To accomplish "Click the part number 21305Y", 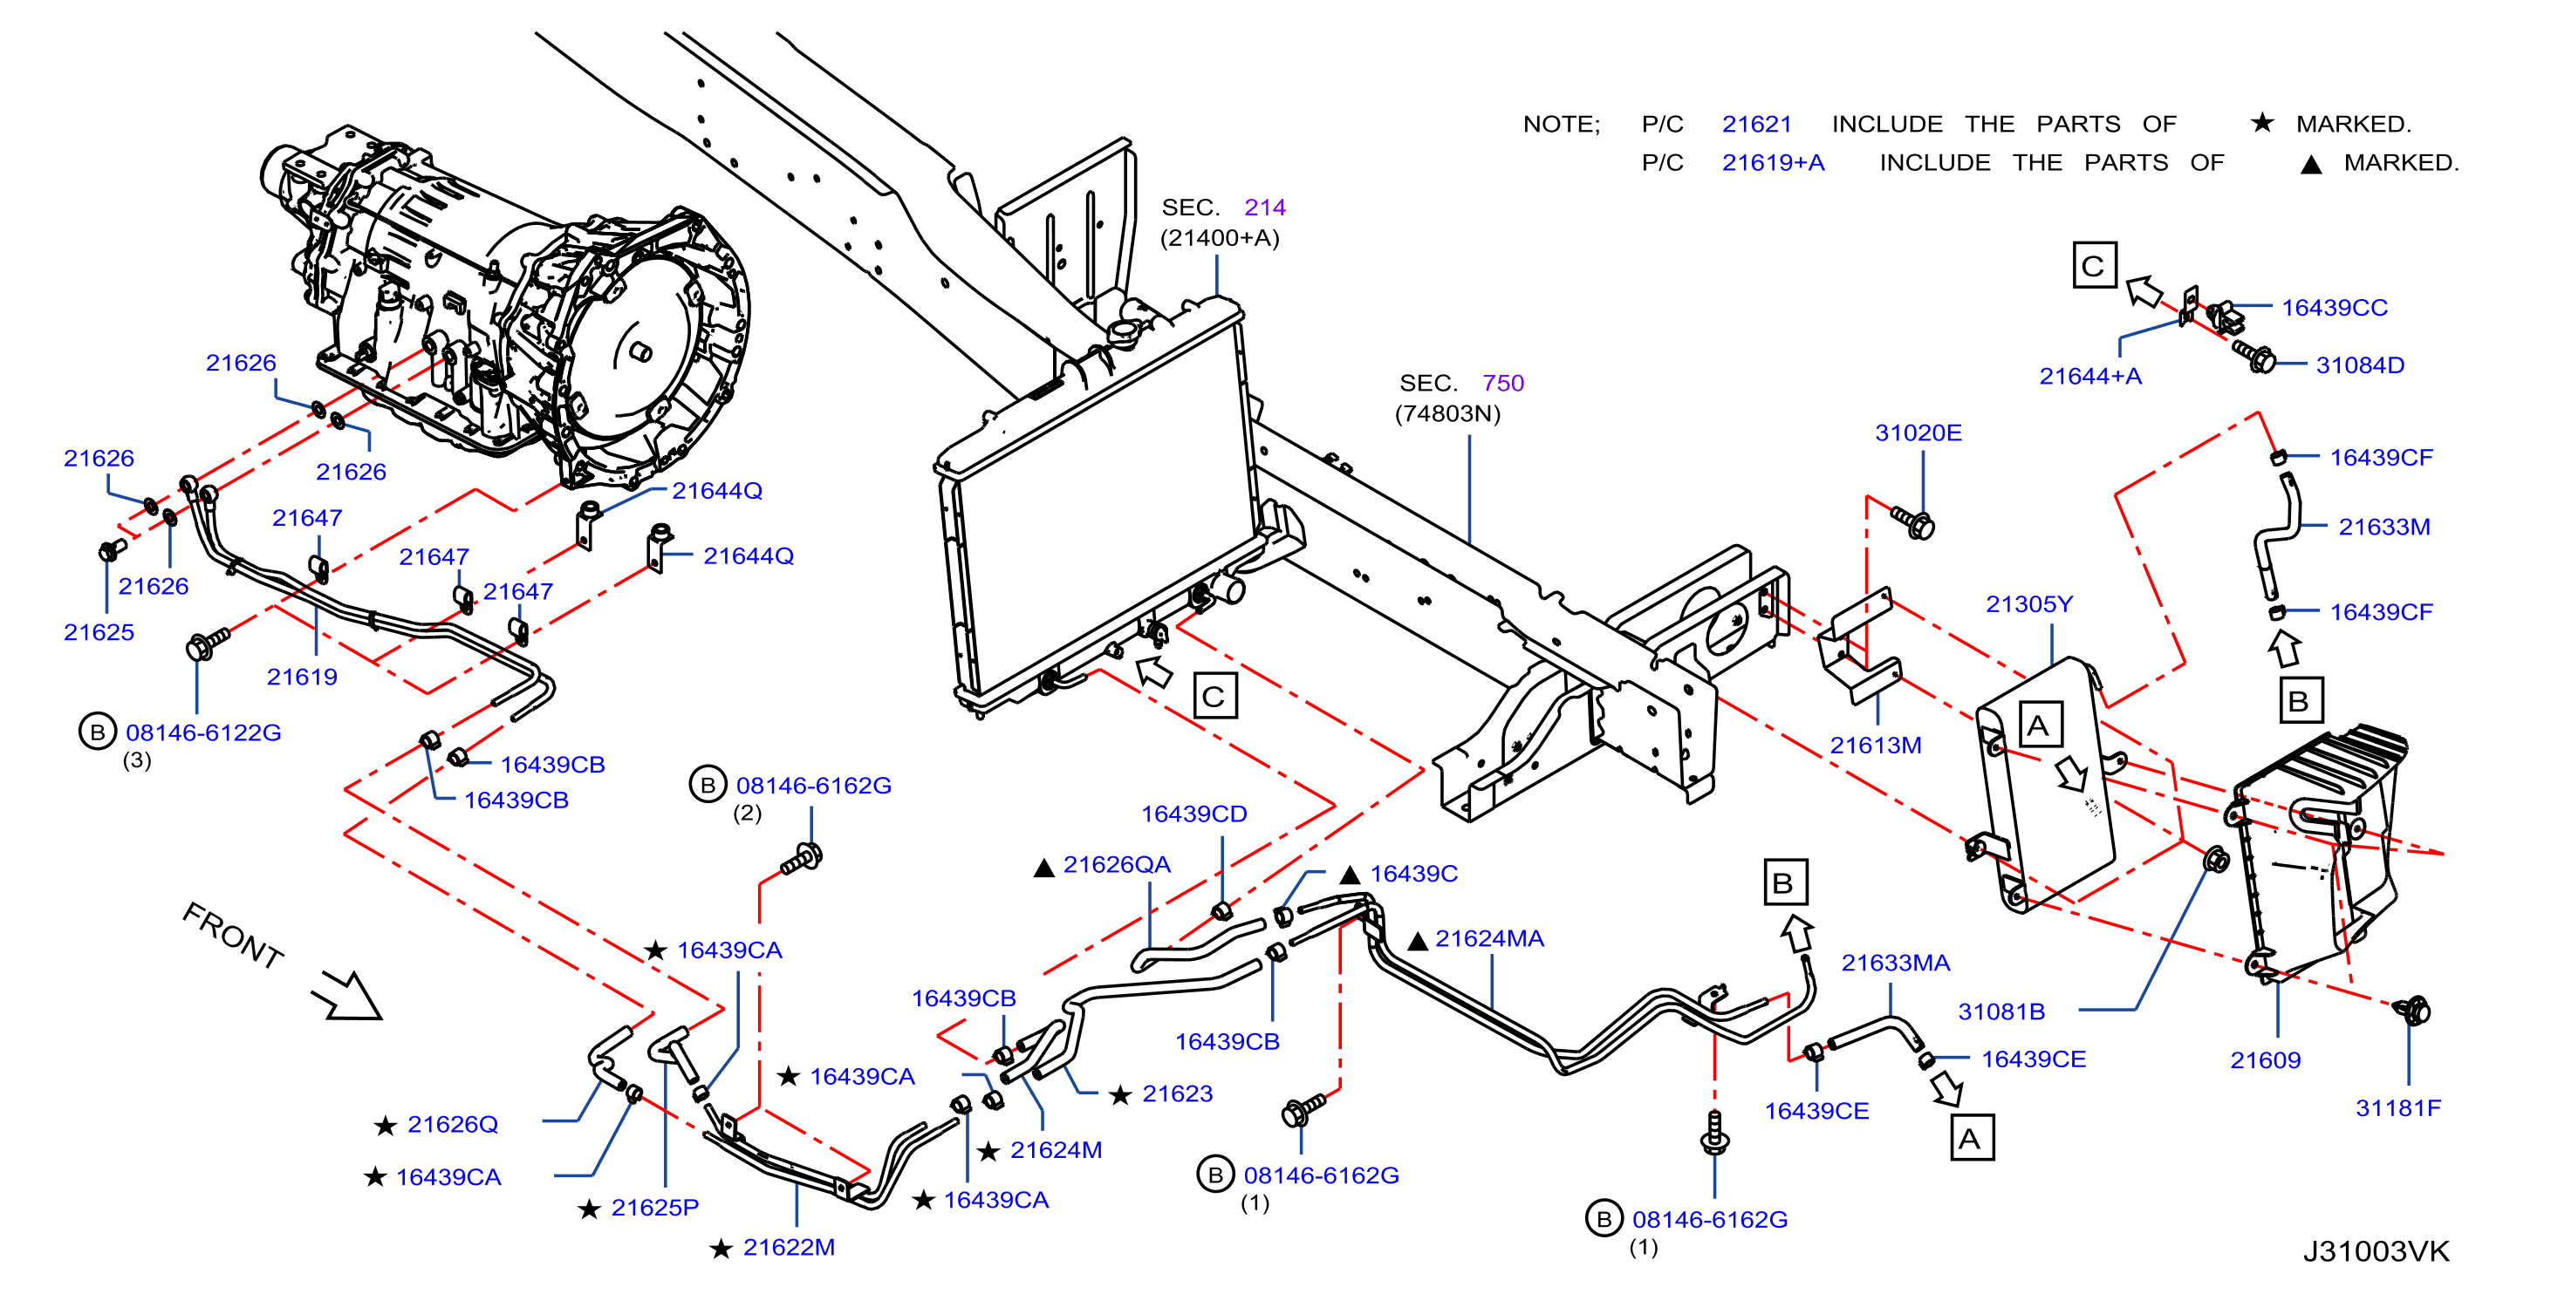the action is click(2028, 604).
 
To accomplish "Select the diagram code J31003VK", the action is click(2376, 1251).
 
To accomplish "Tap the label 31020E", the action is click(1918, 432).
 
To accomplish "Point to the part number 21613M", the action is click(1876, 746).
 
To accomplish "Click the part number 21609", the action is click(2265, 1060).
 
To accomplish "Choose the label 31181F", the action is click(2397, 1108).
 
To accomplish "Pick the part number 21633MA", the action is click(1896, 964).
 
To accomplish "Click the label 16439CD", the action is click(1193, 814).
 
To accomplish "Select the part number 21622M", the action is click(789, 1248).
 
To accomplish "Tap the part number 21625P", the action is click(654, 1208).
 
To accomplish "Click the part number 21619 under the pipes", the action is click(302, 678).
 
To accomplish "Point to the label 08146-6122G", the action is click(203, 732).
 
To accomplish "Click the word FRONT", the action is click(233, 935).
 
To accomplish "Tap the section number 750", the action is click(1502, 383).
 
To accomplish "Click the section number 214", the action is click(1265, 208).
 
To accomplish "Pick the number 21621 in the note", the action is click(1757, 125).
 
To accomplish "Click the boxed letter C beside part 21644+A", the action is click(2095, 265).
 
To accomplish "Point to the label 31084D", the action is click(2360, 365).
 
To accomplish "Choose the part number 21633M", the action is click(2383, 527).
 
